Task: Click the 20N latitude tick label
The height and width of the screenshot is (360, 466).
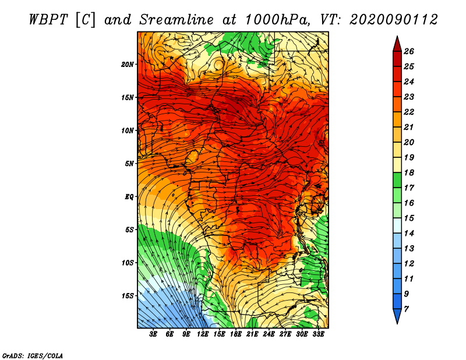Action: click(128, 64)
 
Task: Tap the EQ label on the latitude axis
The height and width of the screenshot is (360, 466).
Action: click(129, 196)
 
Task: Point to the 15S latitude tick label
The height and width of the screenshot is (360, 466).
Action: click(128, 296)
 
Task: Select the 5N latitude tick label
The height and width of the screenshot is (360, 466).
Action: click(129, 164)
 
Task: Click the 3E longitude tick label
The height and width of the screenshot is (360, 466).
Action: click(154, 334)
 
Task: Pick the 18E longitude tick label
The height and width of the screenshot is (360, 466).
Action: click(236, 334)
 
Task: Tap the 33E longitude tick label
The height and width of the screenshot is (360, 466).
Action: click(319, 334)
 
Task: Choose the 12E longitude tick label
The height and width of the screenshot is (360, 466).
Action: click(203, 334)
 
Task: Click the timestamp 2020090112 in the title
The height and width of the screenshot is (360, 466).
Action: click(394, 20)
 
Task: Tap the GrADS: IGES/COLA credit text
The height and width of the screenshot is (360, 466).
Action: click(33, 355)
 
